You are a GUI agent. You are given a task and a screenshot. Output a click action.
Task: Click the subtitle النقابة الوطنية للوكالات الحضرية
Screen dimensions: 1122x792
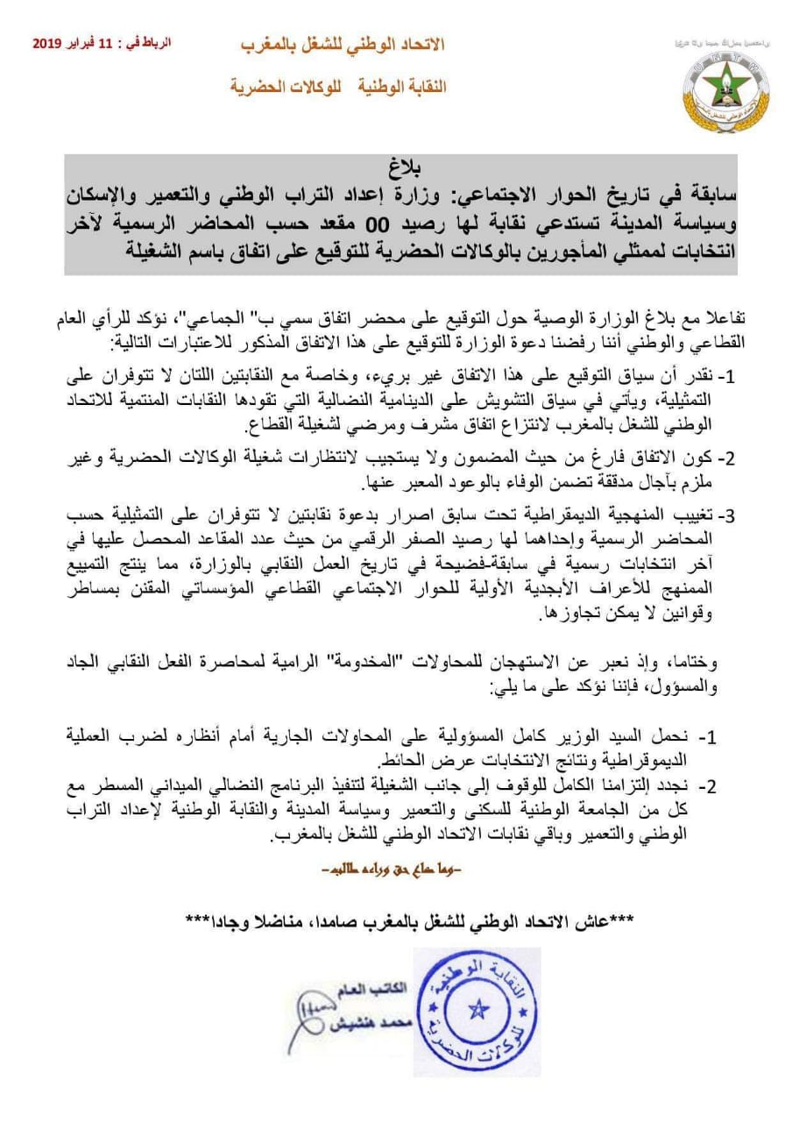[338, 87]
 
